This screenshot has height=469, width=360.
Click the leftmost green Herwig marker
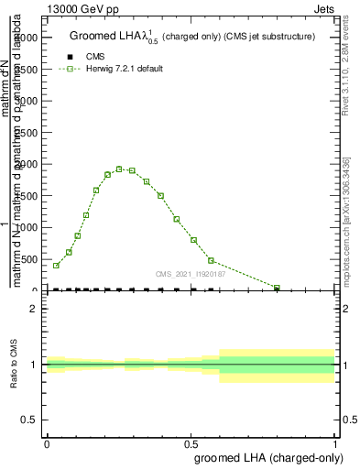point(56,266)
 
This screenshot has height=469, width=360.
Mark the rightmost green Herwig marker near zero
point(277,288)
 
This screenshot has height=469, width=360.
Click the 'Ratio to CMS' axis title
point(14,365)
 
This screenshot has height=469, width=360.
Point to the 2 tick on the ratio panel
point(34,310)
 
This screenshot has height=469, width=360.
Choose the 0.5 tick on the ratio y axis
point(30,420)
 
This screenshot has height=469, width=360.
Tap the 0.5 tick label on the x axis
point(191,443)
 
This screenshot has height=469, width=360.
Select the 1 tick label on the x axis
point(336,443)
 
